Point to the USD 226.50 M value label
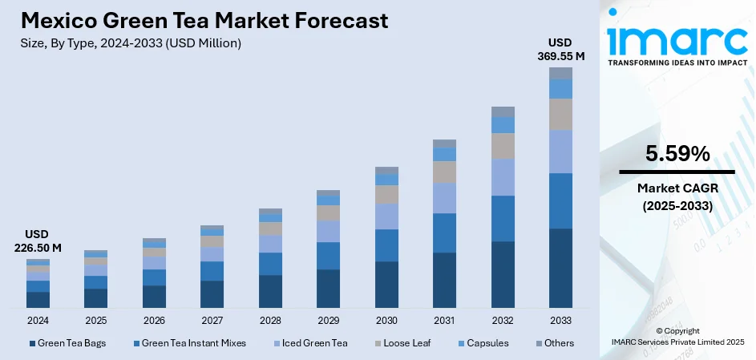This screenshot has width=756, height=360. point(38,241)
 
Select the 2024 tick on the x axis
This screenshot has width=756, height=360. point(38,320)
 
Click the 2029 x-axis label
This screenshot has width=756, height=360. point(328,320)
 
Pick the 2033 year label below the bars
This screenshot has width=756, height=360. point(560,320)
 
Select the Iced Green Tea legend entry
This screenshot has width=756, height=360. point(313,343)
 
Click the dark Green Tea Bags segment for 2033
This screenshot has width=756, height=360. point(560,268)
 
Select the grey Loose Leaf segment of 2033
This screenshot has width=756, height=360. point(560,114)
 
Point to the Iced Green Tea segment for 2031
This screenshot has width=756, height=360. point(444,197)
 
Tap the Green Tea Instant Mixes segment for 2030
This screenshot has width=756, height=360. point(386,245)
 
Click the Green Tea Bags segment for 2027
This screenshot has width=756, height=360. point(212,293)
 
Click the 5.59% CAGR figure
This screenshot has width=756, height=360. point(677,155)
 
